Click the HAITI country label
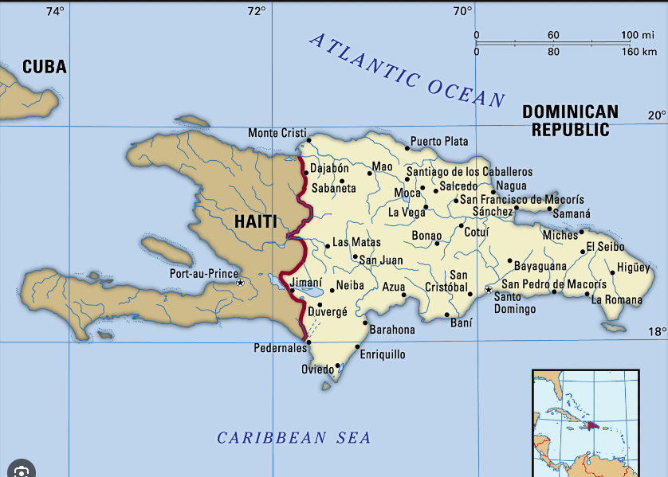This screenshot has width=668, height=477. (255, 221)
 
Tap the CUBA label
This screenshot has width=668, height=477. (44, 67)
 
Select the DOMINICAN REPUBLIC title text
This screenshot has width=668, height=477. (570, 120)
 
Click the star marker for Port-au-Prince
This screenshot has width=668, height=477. (239, 282)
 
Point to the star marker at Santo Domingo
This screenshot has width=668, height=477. (489, 290)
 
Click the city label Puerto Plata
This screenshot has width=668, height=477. (439, 142)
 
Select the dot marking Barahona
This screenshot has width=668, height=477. (365, 323)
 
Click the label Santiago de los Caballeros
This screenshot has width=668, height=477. (469, 171)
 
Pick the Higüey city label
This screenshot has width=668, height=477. (634, 268)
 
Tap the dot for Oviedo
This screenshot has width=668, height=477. (338, 366)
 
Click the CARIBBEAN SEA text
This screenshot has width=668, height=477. (294, 437)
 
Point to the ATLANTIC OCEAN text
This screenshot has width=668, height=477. (407, 70)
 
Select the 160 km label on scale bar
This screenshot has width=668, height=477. (639, 52)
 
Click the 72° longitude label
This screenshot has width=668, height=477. (256, 11)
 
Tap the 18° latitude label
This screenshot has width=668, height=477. (656, 332)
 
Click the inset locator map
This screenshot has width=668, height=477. (586, 422)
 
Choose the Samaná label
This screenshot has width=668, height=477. (572, 214)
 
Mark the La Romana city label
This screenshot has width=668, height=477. (616, 300)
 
